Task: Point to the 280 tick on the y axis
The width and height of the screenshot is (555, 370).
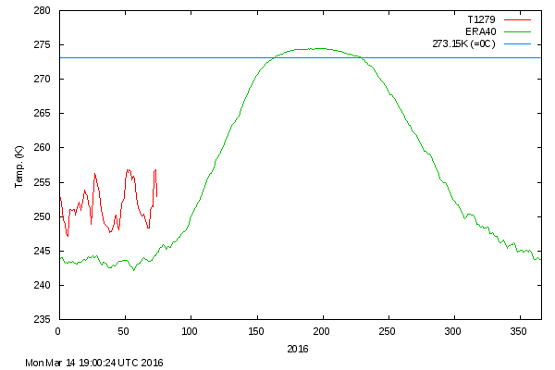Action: click(43, 11)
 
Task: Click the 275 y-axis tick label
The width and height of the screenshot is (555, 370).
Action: click(43, 45)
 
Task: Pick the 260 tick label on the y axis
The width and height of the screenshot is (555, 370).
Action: click(43, 148)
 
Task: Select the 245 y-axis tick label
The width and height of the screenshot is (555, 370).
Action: click(43, 251)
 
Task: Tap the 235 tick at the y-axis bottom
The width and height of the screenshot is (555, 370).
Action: click(43, 319)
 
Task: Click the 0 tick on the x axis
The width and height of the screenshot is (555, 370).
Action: click(58, 330)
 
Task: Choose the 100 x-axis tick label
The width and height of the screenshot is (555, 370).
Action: click(191, 330)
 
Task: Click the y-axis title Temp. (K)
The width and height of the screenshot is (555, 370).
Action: click(19, 166)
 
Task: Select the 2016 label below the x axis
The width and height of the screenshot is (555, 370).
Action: click(298, 349)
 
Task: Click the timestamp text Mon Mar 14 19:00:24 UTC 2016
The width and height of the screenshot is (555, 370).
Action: click(94, 363)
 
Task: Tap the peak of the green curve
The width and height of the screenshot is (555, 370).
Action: click(319, 48)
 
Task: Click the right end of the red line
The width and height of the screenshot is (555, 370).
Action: click(156, 196)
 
